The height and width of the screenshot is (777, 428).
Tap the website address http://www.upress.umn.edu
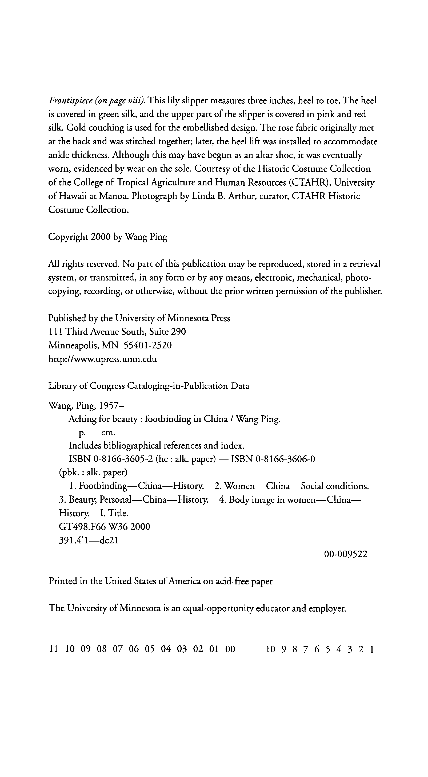103,359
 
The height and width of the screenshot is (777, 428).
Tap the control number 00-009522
346,554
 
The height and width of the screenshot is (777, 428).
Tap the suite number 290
178,332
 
